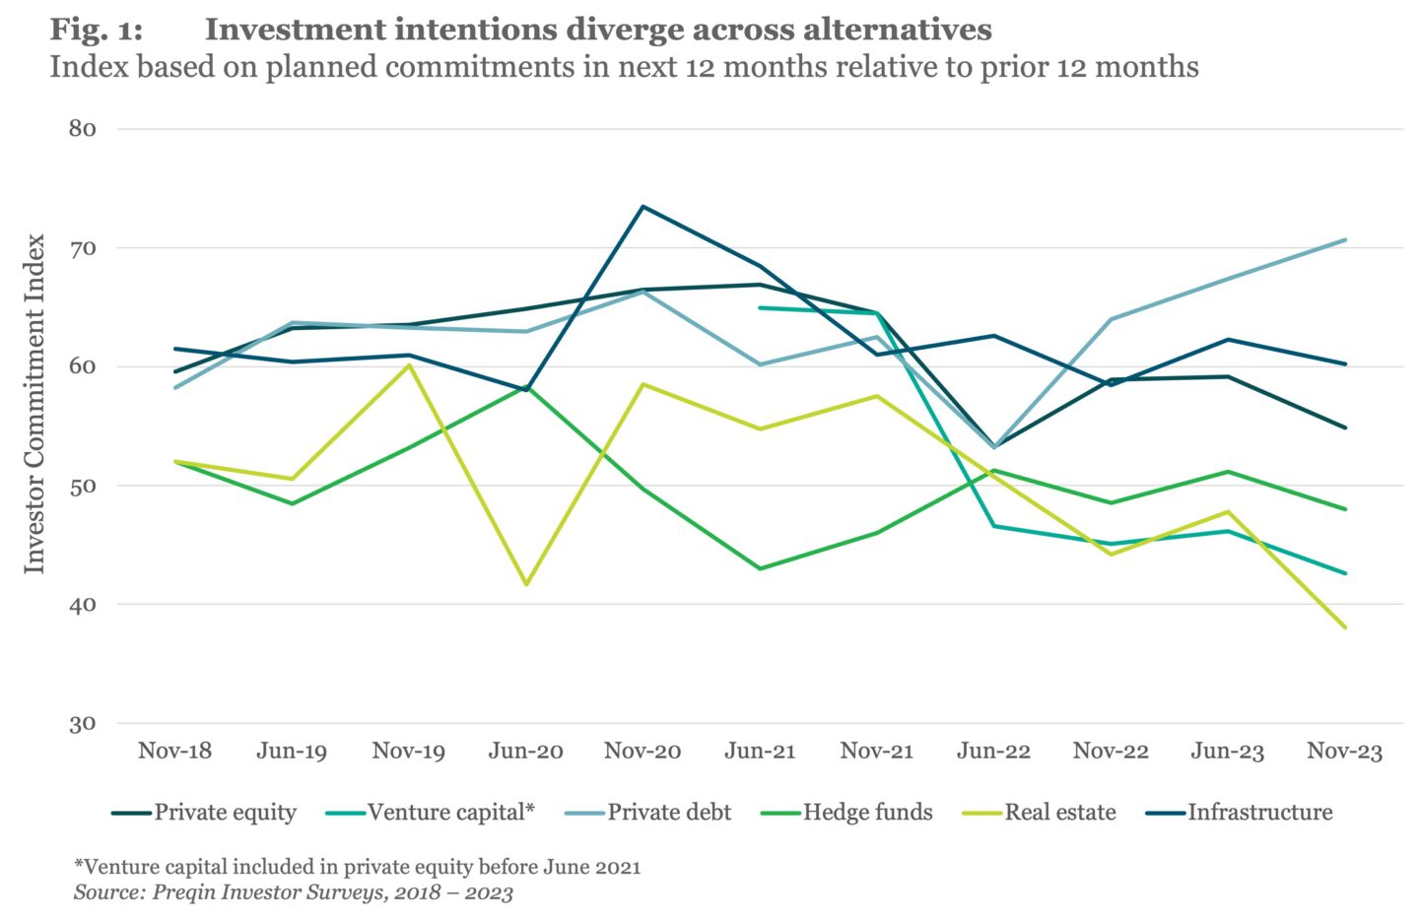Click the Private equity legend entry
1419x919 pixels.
203,813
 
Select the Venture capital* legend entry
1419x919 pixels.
430,813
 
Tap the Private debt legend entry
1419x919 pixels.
648,813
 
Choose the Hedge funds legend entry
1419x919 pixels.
847,813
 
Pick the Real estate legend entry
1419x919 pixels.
1039,813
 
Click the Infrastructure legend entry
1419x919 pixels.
1239,813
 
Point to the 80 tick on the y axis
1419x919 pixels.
83,129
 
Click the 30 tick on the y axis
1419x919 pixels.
83,723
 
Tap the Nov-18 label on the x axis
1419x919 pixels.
174,752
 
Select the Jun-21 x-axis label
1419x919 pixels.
760,752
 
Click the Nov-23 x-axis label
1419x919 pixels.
1344,752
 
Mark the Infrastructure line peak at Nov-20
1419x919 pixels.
642,207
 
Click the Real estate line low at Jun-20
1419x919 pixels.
526,584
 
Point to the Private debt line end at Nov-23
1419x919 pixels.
1344,240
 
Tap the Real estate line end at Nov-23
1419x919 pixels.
1344,627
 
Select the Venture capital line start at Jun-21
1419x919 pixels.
760,308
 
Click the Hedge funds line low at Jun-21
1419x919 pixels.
760,568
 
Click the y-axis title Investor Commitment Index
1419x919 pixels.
34,404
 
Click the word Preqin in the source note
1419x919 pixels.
181,892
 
